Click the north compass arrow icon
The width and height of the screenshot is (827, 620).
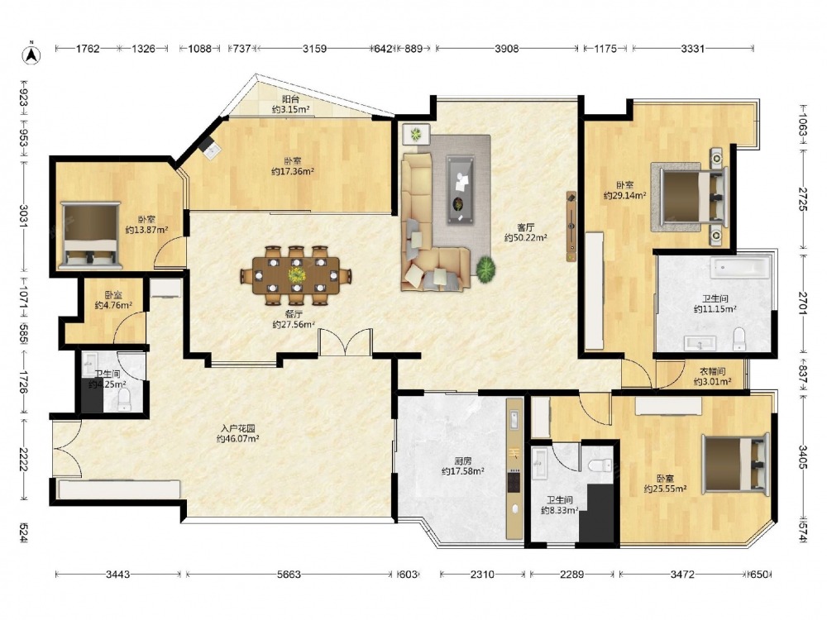point(31,54)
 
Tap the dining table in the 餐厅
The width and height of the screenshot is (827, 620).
point(296,275)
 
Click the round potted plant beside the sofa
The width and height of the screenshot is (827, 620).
point(485,269)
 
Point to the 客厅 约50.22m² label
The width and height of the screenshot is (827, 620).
point(525,232)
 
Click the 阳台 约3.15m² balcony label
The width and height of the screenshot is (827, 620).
point(290,104)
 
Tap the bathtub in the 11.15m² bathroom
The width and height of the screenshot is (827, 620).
point(740,268)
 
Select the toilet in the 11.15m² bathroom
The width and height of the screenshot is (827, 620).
point(739,339)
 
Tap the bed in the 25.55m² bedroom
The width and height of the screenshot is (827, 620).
point(734,464)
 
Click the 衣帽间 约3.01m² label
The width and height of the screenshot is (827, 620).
point(712,376)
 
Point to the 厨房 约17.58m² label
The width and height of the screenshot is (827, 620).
point(462,465)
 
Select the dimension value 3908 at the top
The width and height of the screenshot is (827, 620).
point(506,49)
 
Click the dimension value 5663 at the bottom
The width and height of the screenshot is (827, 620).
point(289,574)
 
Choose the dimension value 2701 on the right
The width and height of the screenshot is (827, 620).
point(802,303)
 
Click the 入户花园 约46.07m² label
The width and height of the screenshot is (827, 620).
point(237,433)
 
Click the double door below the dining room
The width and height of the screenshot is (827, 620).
point(345,343)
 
